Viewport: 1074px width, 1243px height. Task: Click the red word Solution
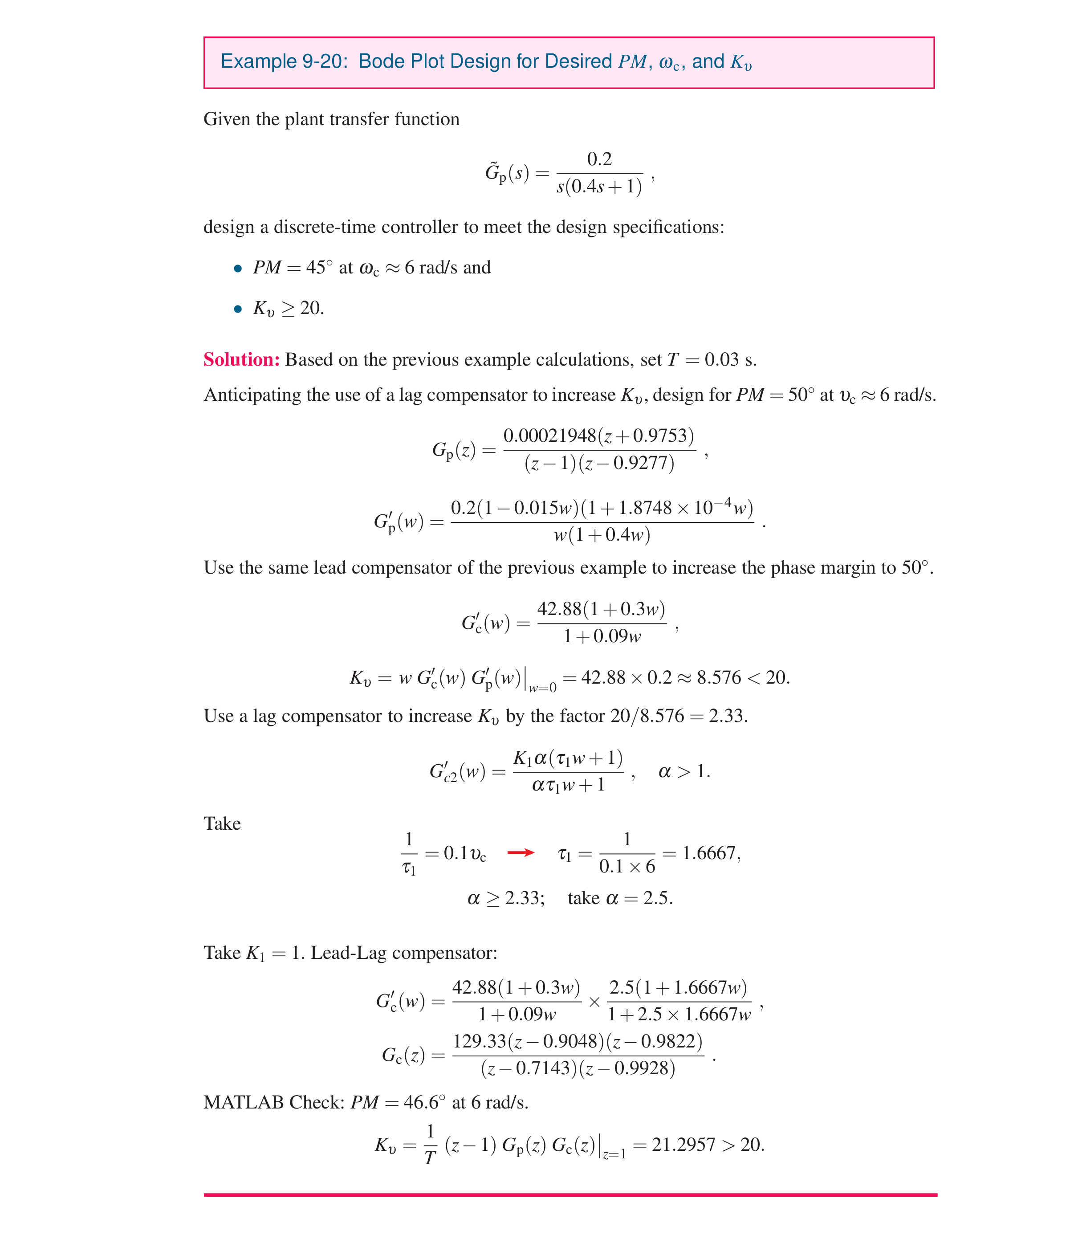click(x=241, y=359)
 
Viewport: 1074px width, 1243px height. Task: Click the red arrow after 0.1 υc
click(x=521, y=852)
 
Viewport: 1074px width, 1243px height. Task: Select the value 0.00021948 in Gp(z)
click(x=549, y=436)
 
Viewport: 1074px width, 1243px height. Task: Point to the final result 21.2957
click(x=683, y=1145)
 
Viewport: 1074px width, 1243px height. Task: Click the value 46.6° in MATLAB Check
click(x=424, y=1103)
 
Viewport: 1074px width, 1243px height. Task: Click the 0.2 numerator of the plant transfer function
click(x=599, y=159)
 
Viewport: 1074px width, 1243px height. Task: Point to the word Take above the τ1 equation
click(x=222, y=823)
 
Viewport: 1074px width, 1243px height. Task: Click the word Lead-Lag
click(x=348, y=953)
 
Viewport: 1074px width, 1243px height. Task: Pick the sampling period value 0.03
click(x=721, y=359)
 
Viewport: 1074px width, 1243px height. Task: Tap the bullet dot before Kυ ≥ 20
click(x=238, y=309)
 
